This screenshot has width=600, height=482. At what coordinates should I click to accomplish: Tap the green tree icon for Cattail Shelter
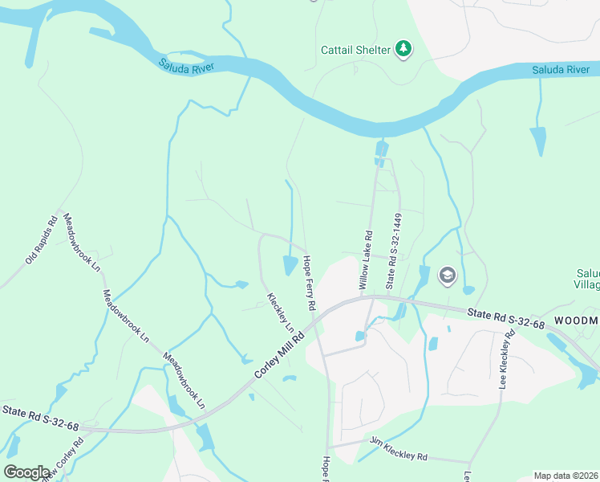pos(403,50)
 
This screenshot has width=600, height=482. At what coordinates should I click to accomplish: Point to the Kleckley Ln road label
pos(280,312)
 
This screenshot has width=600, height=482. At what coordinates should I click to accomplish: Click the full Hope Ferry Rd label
pos(308,284)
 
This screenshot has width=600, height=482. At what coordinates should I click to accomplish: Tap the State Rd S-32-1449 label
pos(393,251)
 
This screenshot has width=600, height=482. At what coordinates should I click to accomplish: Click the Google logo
pos(26,472)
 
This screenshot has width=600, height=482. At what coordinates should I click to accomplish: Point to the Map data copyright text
pos(566,476)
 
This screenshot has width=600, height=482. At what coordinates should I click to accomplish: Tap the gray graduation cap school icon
pos(446,276)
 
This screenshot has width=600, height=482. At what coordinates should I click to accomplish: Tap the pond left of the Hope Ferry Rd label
pos(290,265)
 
